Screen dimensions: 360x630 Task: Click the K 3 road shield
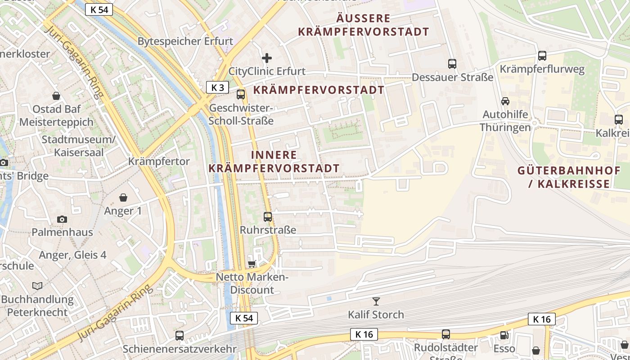coord(218,87)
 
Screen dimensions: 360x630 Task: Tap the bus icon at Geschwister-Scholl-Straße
coord(241,94)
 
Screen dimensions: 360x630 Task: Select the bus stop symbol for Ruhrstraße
coord(268,217)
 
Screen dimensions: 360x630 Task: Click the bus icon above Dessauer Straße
coord(452,64)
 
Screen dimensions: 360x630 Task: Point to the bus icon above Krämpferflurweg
coord(542,56)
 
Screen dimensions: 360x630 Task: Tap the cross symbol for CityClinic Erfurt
coord(267,58)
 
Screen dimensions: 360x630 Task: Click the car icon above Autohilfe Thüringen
coord(505,101)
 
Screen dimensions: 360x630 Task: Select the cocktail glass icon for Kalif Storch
coord(376,301)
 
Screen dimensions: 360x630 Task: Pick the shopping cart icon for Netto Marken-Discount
coord(252,263)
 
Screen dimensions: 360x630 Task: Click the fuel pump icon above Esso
coord(504,335)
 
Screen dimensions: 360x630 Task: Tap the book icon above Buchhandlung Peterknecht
coord(37,286)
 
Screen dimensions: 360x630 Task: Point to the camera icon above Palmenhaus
coord(62,219)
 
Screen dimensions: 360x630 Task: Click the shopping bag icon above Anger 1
coord(123,198)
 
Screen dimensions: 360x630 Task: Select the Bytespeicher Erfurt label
coord(185,41)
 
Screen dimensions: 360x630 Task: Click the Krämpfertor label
coord(159,161)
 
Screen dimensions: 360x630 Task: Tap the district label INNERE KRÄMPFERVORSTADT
coord(274,162)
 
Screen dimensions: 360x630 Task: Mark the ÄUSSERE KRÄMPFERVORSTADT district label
coord(363,25)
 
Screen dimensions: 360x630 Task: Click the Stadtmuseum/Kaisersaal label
coord(79,146)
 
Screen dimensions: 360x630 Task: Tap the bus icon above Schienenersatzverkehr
coord(180,335)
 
